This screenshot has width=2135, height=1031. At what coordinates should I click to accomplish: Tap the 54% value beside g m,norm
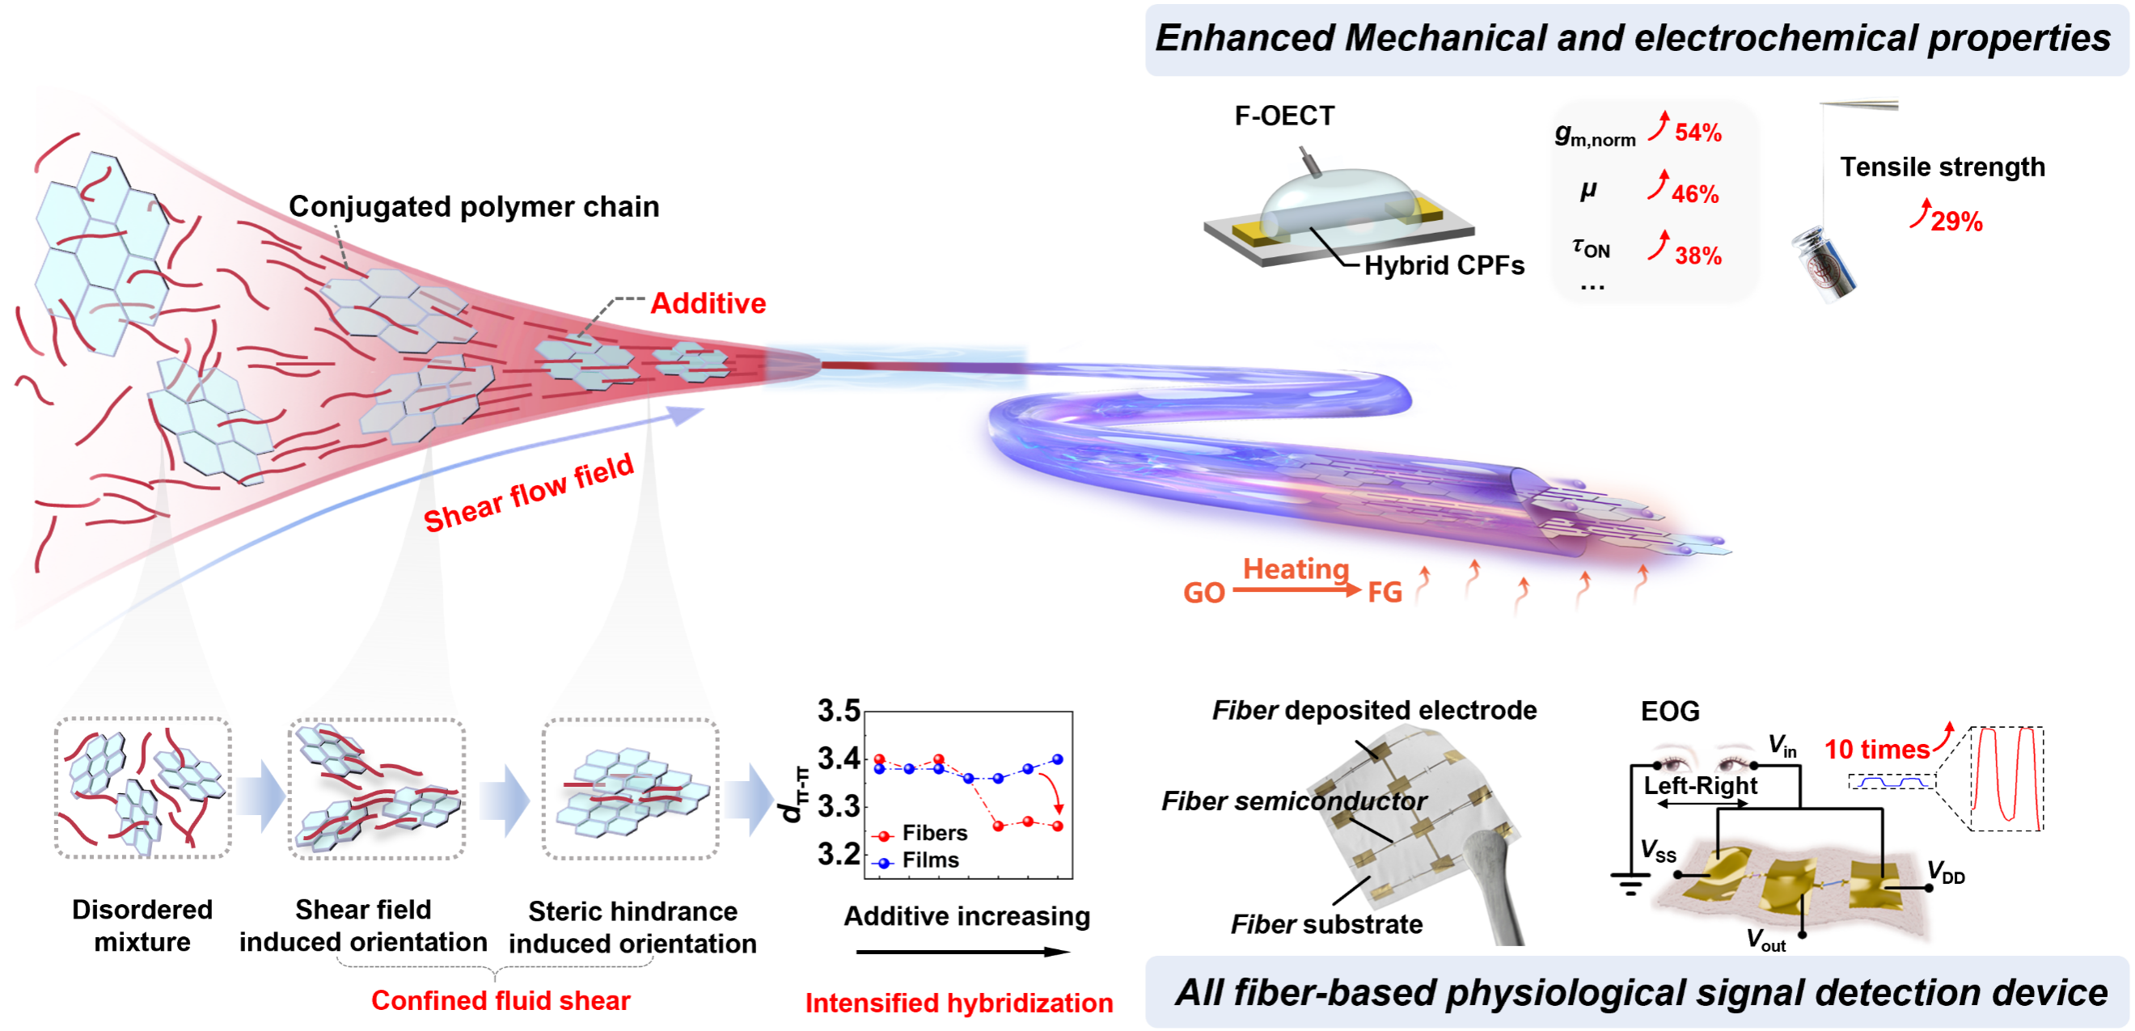tap(1697, 133)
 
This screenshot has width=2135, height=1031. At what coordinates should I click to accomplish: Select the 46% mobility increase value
tap(1694, 194)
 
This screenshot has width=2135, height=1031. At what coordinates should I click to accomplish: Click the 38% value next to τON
tap(1697, 256)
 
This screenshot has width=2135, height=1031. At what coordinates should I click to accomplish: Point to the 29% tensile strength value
tap(1956, 222)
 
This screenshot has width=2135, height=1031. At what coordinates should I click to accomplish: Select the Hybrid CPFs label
tap(1443, 265)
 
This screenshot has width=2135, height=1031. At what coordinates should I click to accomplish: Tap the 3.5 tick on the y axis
tap(838, 711)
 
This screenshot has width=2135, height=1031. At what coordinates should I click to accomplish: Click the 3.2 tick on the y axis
tap(838, 854)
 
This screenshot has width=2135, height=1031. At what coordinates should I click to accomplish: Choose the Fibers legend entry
tap(933, 833)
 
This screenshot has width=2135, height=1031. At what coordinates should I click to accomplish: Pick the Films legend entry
tap(929, 860)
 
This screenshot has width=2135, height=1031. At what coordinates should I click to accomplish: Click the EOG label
tap(1669, 711)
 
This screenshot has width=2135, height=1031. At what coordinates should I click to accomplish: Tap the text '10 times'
tap(1876, 750)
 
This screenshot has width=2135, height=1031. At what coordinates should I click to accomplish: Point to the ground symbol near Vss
tap(1630, 885)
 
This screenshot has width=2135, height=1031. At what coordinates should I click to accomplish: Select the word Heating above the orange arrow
tap(1296, 568)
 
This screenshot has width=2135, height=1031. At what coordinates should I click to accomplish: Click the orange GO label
tap(1203, 593)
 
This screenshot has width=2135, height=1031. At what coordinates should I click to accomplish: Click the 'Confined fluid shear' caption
tap(500, 1000)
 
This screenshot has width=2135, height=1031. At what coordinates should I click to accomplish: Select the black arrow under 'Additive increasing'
tap(962, 952)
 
